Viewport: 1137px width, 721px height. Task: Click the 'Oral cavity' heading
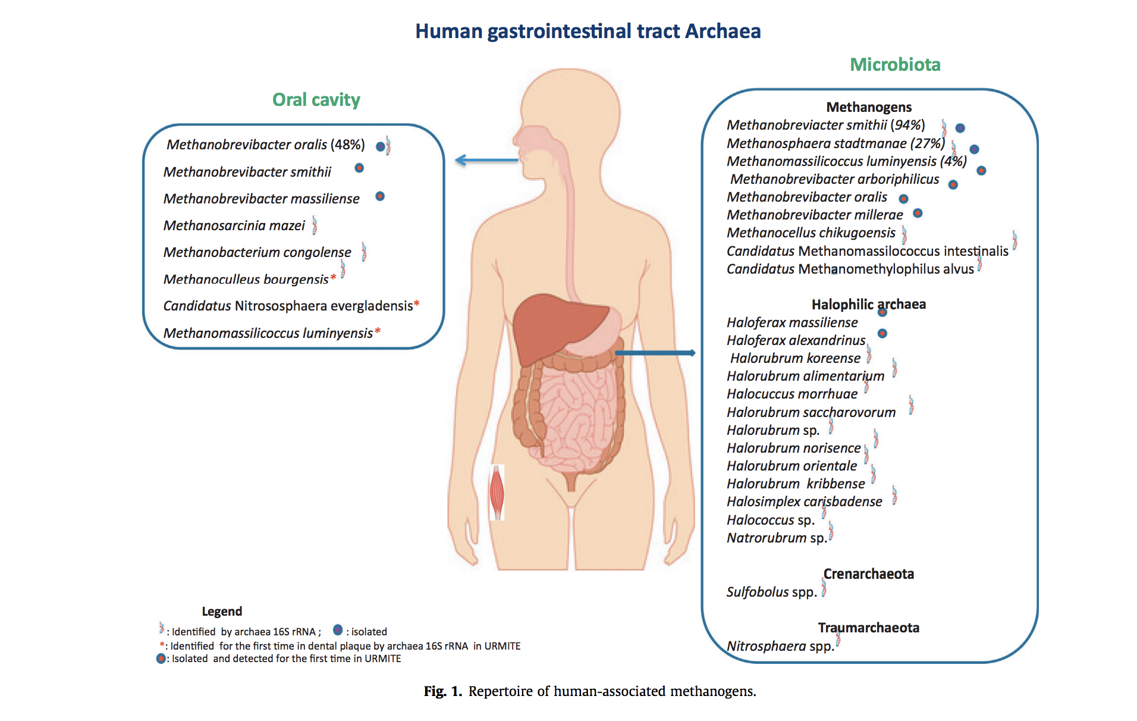click(316, 100)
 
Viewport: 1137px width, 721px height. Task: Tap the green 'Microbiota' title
click(894, 65)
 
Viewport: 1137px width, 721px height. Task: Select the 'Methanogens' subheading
click(868, 107)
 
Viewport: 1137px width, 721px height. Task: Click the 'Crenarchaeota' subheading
click(868, 574)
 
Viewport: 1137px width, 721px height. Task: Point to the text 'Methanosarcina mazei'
click(234, 225)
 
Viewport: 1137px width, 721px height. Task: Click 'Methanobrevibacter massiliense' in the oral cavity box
click(261, 199)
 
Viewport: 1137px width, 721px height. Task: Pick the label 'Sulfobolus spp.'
click(771, 592)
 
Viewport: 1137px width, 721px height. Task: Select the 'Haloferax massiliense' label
click(791, 322)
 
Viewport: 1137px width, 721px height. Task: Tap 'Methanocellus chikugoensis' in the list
click(811, 233)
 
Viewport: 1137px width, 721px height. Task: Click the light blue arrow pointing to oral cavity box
click(486, 160)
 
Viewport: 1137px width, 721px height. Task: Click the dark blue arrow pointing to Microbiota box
click(655, 353)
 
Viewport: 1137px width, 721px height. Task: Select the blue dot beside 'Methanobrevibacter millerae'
click(918, 213)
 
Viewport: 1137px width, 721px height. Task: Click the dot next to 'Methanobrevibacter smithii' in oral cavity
click(359, 168)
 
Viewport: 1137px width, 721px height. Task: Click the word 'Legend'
click(222, 612)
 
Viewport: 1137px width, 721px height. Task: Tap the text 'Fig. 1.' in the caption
click(442, 691)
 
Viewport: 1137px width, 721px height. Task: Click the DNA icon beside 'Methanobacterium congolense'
click(363, 252)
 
